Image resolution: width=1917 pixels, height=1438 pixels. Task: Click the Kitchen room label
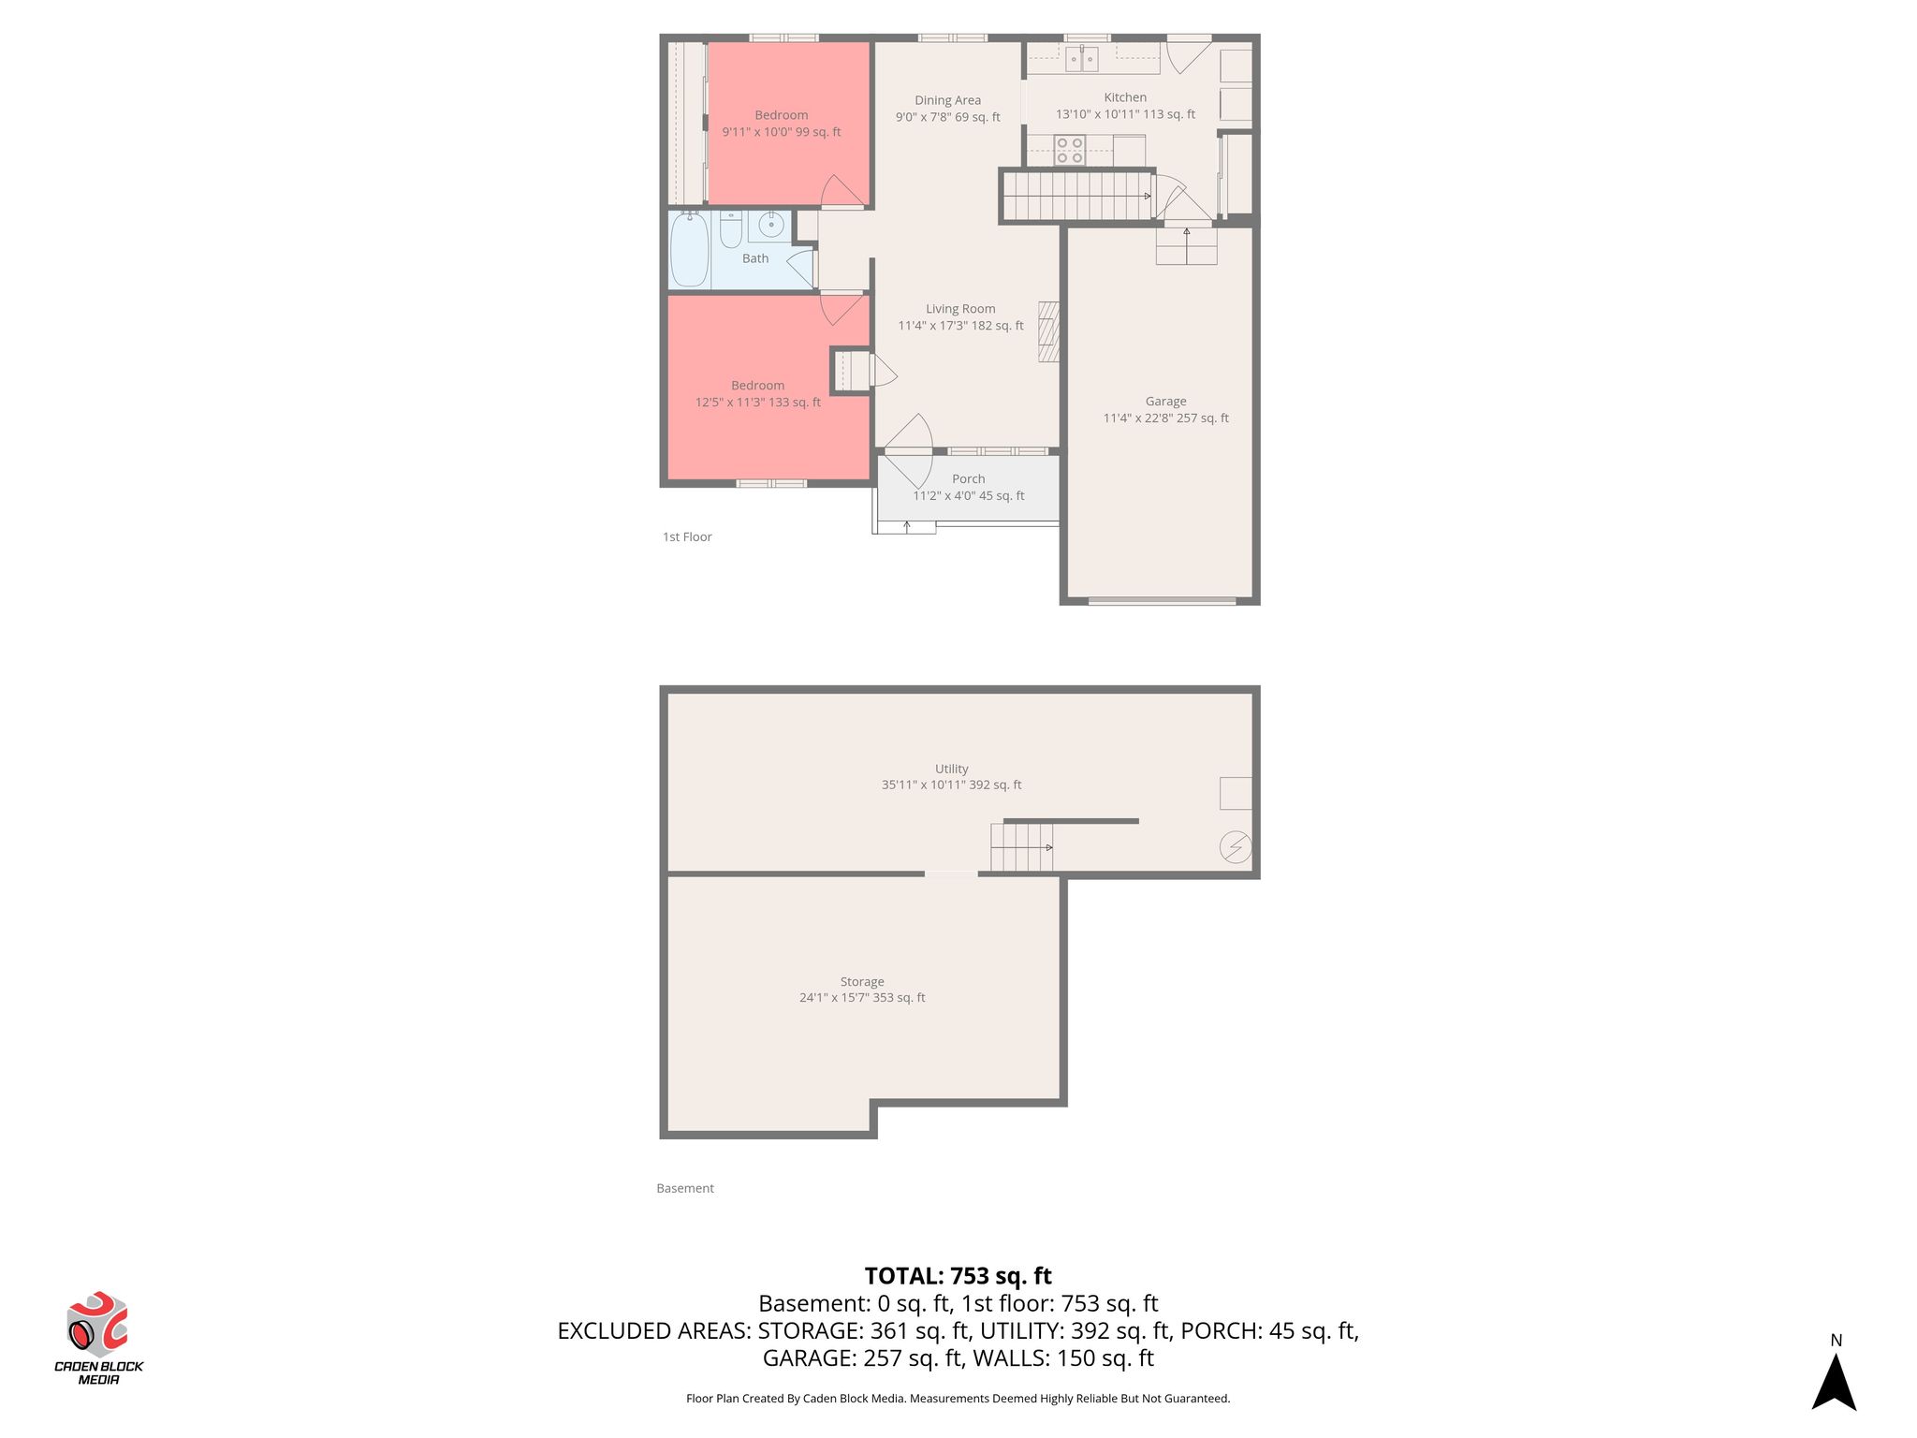tap(1125, 97)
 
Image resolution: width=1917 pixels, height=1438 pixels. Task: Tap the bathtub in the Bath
tap(690, 250)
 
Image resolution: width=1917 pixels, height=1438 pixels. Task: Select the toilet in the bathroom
tap(731, 228)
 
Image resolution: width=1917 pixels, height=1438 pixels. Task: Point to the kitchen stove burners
tap(1070, 151)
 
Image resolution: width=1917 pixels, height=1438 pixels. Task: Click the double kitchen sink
tap(1081, 59)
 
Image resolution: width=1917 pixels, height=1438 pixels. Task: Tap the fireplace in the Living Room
tap(1049, 331)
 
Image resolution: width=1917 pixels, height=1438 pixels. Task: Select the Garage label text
tap(1165, 402)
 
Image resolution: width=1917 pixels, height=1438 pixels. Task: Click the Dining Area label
tap(948, 100)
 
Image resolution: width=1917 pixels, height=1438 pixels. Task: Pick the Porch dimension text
tap(969, 496)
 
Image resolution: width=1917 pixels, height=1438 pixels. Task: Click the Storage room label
tap(862, 982)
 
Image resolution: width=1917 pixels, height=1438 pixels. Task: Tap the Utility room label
tap(952, 769)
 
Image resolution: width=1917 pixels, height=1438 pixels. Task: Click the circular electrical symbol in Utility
tap(1236, 847)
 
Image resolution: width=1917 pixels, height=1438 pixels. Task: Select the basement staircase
tap(1022, 847)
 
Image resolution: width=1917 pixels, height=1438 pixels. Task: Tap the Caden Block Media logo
tap(98, 1338)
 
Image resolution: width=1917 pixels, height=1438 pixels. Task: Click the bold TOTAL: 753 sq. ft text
tap(958, 1276)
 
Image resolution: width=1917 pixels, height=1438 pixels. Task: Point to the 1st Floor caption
tap(687, 537)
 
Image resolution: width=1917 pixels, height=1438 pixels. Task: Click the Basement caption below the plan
tap(685, 1189)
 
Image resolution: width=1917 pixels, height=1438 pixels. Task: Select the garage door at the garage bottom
tap(1162, 601)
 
